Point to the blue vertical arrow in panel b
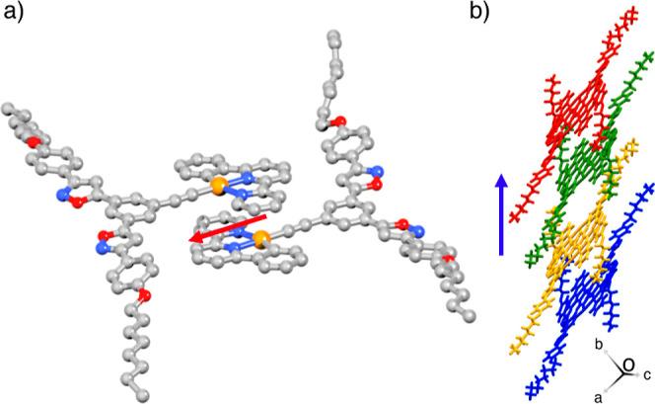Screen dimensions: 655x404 coord(502,213)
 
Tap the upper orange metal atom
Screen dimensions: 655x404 coord(217,185)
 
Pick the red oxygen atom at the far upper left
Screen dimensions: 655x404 coord(34,140)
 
